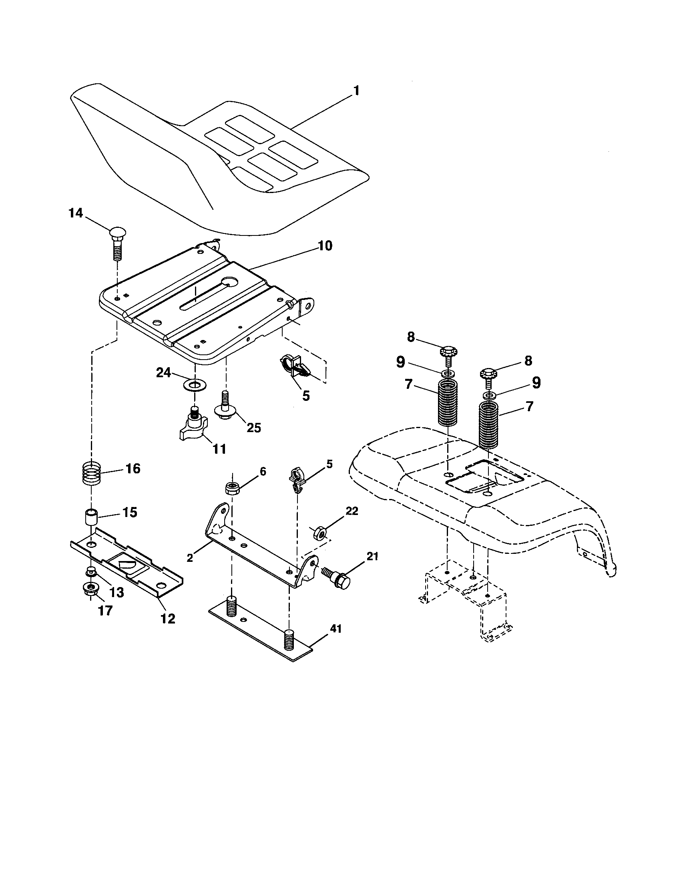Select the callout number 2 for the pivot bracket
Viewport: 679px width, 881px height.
coord(189,558)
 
